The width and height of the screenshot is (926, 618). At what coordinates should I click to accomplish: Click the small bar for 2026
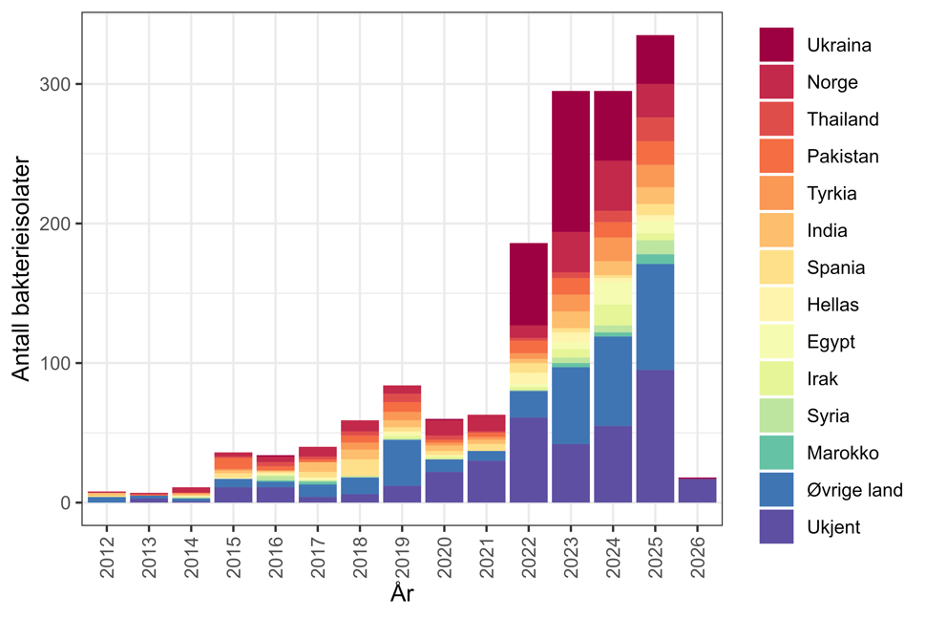[696, 490]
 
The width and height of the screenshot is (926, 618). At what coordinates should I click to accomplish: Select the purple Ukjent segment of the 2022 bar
[528, 459]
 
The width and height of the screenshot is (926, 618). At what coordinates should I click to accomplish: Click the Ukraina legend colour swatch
[777, 45]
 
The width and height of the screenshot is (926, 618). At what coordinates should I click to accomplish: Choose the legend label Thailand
[842, 119]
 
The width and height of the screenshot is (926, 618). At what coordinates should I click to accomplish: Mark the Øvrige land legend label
[854, 490]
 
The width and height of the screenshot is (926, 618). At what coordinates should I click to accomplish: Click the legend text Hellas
[832, 305]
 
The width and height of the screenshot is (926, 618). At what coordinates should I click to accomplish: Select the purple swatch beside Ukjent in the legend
[777, 526]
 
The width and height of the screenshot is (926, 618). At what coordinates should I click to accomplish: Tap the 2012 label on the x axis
[107, 554]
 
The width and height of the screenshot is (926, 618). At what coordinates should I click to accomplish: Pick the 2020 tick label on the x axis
[444, 554]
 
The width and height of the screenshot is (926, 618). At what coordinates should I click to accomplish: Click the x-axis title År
[401, 594]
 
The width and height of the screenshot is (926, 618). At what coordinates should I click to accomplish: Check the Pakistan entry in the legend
[841, 157]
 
